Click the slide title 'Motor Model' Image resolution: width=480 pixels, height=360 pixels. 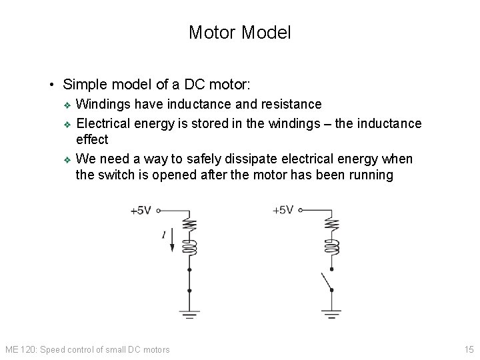pos(239,32)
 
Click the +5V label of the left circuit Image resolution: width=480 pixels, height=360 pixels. pos(140,211)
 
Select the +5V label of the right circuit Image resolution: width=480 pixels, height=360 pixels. pos(283,210)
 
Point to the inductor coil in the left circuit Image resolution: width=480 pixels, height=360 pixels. pos(190,247)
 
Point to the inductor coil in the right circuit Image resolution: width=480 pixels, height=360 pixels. pos(331,247)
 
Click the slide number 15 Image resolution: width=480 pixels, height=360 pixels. pos(468,349)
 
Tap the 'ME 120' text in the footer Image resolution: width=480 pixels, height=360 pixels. pos(17,349)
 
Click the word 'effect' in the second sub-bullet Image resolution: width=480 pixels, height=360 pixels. pos(92,140)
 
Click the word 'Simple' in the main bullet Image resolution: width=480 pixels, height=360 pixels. pos(85,85)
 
